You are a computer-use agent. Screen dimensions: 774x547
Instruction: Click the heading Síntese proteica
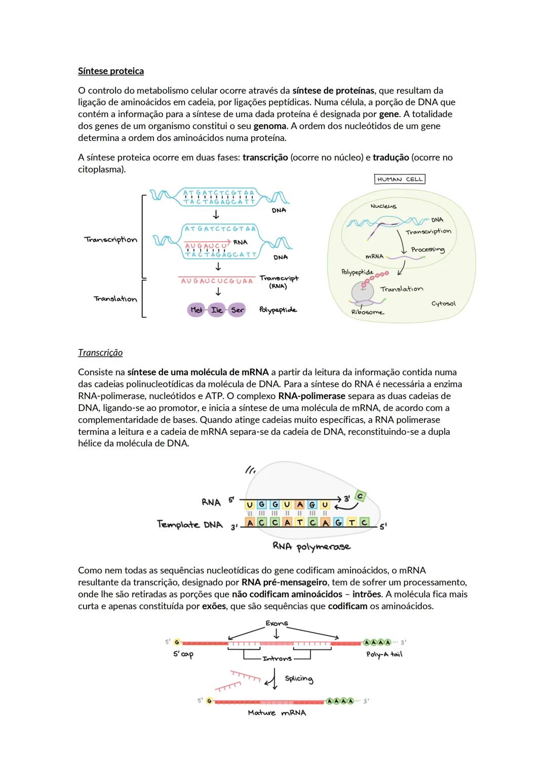point(110,71)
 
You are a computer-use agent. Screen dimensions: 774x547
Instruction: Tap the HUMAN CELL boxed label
point(400,179)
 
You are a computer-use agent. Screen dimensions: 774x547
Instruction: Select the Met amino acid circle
point(197,310)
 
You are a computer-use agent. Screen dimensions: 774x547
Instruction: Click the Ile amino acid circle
point(217,310)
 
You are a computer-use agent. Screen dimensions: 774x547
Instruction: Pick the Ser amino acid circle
point(237,310)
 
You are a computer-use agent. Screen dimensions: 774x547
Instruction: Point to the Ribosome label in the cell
point(367,312)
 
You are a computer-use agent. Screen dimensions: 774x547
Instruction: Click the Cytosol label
point(443,304)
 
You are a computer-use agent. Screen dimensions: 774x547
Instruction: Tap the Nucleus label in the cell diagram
point(383,206)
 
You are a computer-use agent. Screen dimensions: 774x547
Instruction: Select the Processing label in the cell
point(427,249)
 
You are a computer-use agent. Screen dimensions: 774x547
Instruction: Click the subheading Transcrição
point(100,353)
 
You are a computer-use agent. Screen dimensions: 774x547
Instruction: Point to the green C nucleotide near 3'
point(360,497)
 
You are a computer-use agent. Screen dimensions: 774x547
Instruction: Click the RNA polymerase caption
point(311,546)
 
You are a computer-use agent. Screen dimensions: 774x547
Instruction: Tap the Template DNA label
point(189,525)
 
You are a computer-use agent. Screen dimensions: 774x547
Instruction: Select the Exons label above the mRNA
point(277,623)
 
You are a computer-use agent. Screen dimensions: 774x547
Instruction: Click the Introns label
point(277,658)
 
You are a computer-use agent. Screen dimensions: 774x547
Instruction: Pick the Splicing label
point(299,679)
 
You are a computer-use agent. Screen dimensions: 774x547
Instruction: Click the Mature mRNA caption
point(277,713)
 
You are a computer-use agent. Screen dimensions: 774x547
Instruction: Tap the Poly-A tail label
point(384,654)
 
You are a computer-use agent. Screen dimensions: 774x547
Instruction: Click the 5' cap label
point(183,654)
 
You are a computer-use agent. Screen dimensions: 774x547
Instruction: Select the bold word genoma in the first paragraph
point(270,126)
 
